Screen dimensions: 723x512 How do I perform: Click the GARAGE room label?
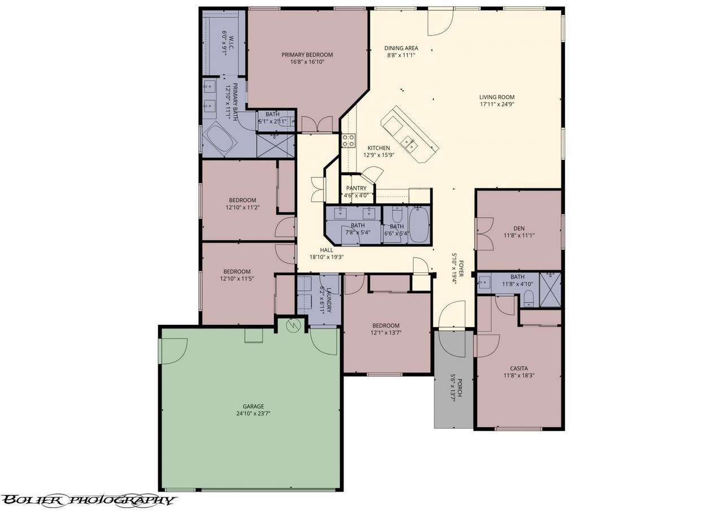coord(254,406)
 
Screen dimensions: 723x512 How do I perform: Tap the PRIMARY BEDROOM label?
coord(307,55)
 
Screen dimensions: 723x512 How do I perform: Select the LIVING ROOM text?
coord(496,97)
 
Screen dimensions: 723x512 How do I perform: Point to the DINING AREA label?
coord(401,48)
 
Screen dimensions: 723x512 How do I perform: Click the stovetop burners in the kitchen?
coord(349,141)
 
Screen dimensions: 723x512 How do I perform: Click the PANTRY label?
coord(356,188)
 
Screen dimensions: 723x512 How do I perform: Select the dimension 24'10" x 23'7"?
coord(254,414)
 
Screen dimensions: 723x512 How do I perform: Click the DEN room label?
coord(519,228)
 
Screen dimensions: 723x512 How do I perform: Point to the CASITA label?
coord(519,368)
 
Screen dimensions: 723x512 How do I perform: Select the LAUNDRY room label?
coord(329,300)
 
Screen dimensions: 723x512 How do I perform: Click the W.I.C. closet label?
coord(232,42)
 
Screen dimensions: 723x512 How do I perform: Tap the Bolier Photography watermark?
coord(88,500)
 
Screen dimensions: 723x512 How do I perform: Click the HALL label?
coord(326,250)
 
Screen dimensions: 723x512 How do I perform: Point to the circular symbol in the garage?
coord(294,326)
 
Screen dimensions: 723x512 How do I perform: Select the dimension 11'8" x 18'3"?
coord(519,375)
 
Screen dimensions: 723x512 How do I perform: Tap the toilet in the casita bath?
coord(529,298)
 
